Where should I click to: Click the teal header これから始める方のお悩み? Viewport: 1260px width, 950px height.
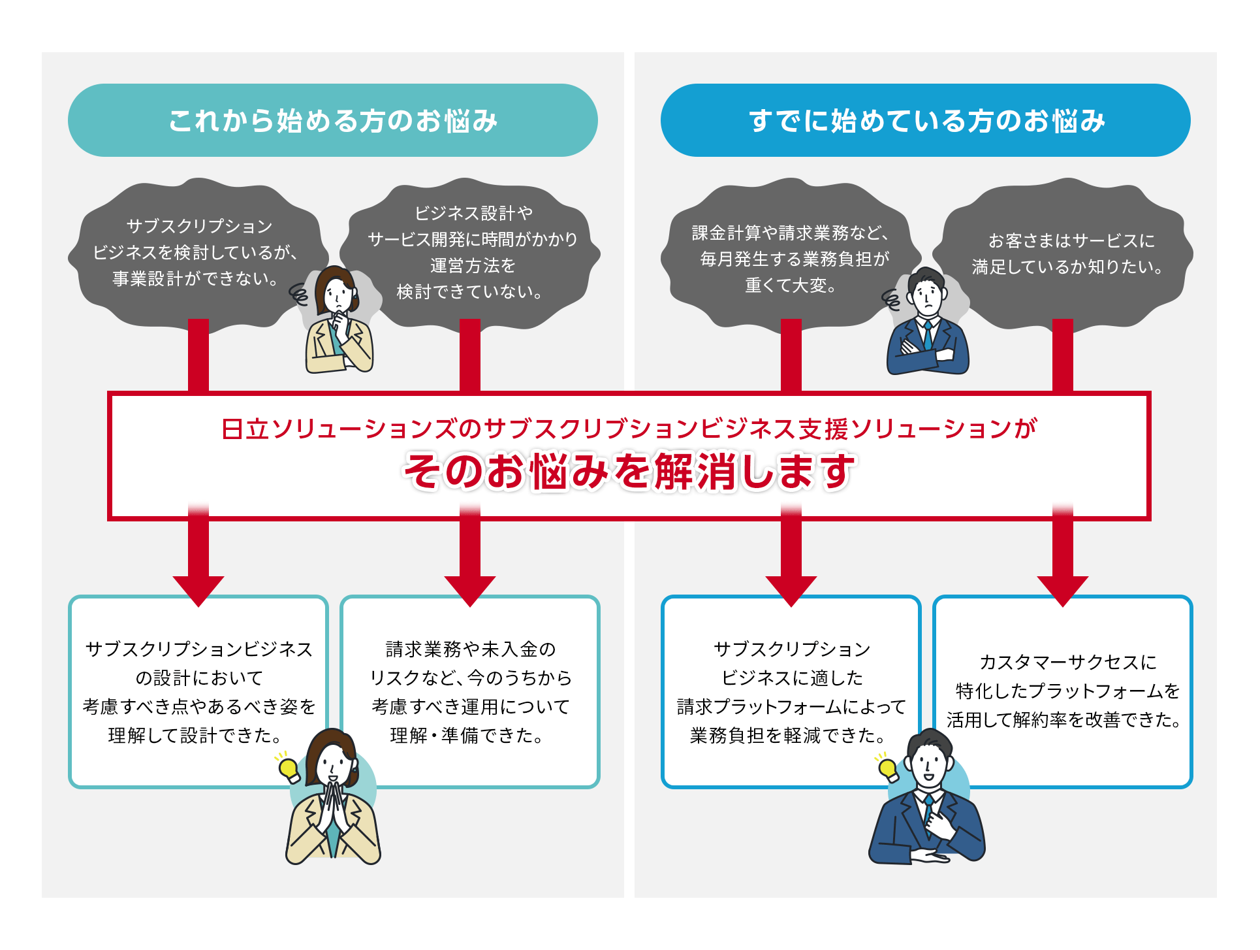point(332,120)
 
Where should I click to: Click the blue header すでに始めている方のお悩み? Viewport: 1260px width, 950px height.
point(925,120)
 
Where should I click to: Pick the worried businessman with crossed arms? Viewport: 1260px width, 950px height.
point(927,323)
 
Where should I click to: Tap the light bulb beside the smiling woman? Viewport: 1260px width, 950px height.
point(288,768)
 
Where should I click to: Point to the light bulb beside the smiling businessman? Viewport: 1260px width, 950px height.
point(887,768)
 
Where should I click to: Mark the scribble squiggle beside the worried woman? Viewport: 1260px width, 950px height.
point(299,295)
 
